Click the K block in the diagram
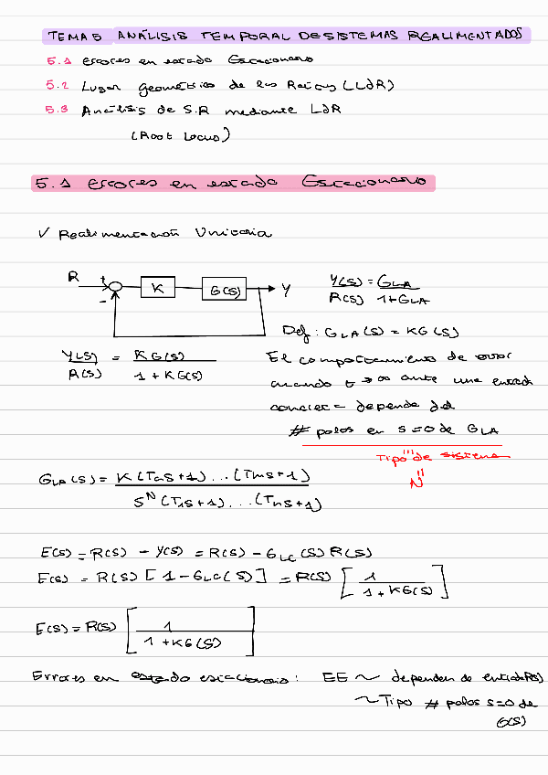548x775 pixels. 158,289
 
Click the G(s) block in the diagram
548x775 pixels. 225,290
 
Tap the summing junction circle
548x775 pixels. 115,289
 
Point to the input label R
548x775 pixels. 73,274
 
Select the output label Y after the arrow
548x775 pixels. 286,290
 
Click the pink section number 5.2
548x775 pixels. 58,85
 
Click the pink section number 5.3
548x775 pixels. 58,111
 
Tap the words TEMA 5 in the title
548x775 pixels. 73,37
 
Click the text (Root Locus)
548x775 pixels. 180,136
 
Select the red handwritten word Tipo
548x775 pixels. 391,458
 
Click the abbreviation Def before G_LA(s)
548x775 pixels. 294,331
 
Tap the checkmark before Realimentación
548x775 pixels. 43,233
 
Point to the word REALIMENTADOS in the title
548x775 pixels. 466,36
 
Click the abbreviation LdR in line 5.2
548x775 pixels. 372,85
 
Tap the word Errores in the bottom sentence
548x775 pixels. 58,678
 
